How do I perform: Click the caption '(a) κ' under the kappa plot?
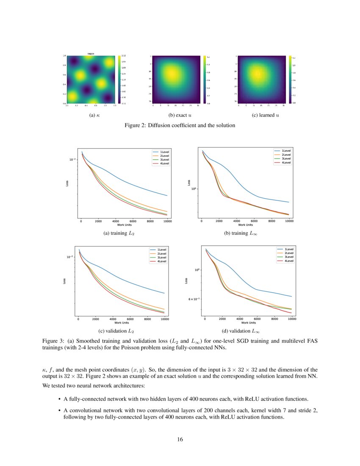click(90, 115)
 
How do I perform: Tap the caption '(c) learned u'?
click(265, 115)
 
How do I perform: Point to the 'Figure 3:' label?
click(53, 341)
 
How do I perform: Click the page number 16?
click(180, 439)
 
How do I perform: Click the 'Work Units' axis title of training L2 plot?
click(124, 225)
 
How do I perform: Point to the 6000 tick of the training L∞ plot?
click(254, 221)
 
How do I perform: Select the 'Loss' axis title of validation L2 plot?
click(64, 280)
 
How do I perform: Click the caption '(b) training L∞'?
click(242, 233)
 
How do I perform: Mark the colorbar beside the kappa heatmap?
click(118, 79)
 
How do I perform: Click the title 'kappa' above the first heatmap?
click(91, 53)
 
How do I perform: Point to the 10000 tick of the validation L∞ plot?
click(292, 319)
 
